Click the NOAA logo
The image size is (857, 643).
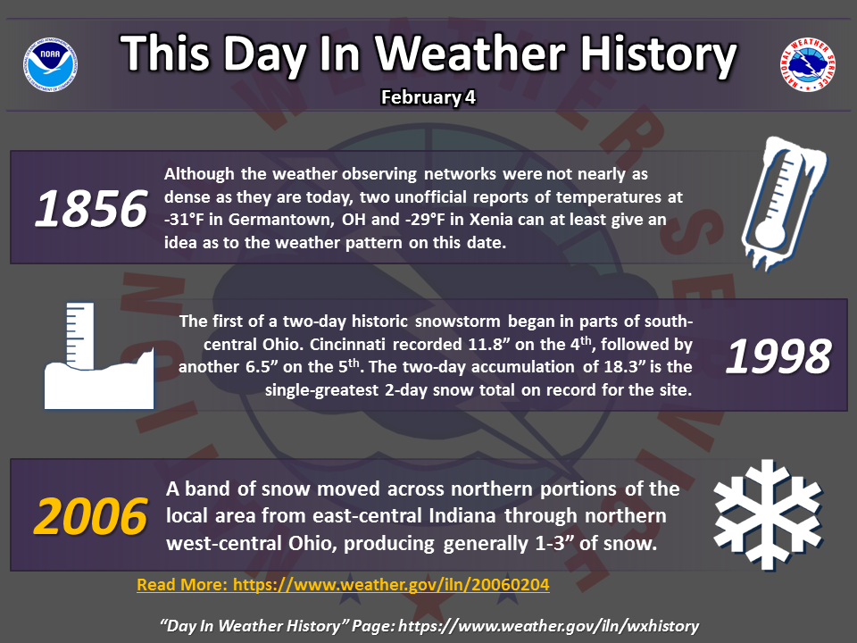[x=50, y=64]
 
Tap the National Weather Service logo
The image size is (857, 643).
[x=808, y=64]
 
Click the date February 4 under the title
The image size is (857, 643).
[x=428, y=97]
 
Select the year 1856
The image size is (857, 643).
[x=91, y=208]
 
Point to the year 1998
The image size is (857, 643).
[x=778, y=356]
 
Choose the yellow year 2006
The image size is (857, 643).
[x=91, y=516]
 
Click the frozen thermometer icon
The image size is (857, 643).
[x=783, y=203]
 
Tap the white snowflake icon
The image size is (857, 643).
[x=768, y=514]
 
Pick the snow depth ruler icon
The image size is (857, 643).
[x=99, y=355]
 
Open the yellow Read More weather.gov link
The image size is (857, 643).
[x=343, y=584]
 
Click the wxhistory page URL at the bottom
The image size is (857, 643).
[x=548, y=626]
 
